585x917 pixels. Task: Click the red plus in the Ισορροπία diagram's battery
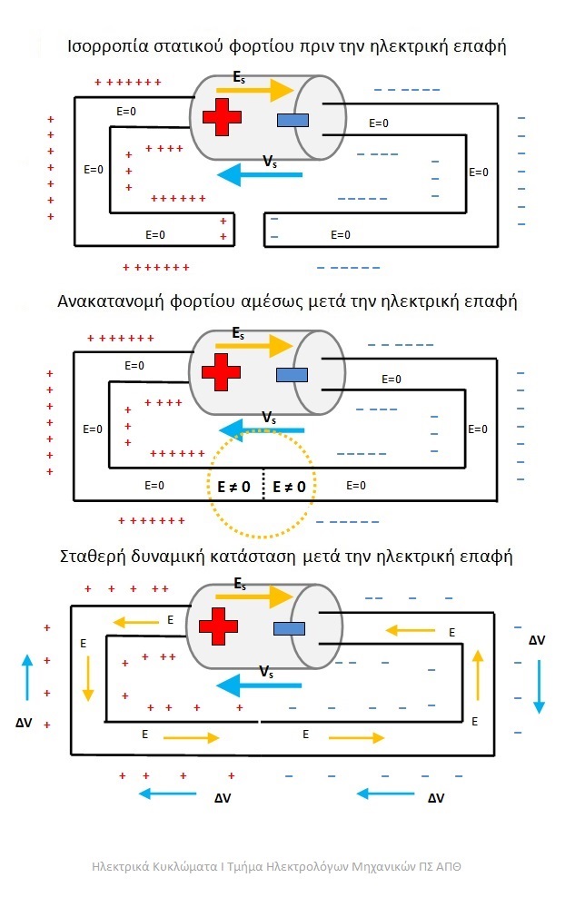tap(222, 117)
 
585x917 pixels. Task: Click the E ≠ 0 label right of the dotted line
tap(289, 488)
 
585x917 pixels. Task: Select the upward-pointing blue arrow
tap(27, 677)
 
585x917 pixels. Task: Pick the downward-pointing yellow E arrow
tap(88, 678)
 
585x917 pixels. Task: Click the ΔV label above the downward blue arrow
tap(537, 640)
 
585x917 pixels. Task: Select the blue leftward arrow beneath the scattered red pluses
tap(168, 794)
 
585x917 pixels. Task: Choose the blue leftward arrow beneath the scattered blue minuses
tap(387, 794)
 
